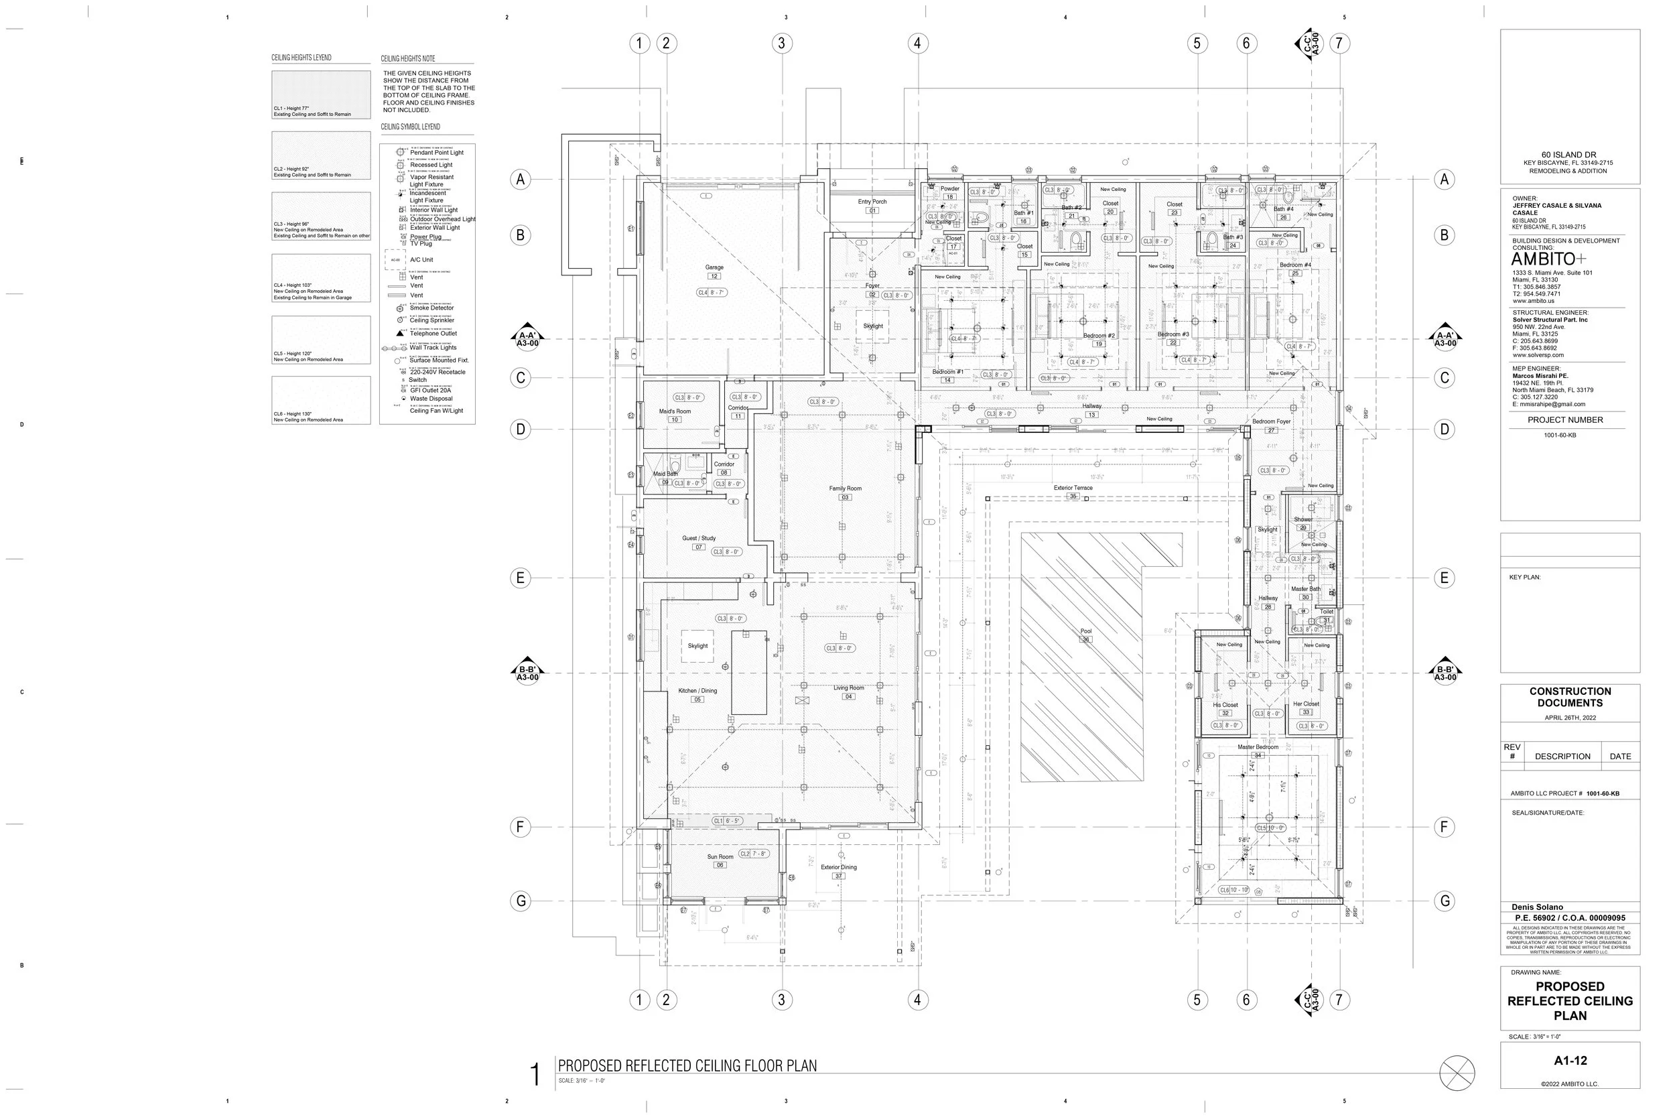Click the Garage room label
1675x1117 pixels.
714,268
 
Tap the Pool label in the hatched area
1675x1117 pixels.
1086,631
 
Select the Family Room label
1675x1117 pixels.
846,488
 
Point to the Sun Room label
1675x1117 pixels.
720,857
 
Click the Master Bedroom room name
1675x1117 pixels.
1258,747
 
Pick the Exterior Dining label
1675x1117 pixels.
839,868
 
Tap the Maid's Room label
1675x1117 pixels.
675,411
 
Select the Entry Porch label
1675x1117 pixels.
872,202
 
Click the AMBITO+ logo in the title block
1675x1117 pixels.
1548,259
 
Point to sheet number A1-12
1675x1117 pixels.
1570,1061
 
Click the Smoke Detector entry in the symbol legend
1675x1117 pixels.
431,308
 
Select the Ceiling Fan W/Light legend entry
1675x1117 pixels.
436,411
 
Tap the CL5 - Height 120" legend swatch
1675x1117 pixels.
321,340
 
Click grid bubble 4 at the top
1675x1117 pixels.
917,44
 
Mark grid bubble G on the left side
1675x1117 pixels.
521,901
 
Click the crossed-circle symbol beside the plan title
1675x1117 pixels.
1457,1073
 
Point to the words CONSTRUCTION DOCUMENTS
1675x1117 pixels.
1570,697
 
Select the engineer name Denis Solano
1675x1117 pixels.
1538,907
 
